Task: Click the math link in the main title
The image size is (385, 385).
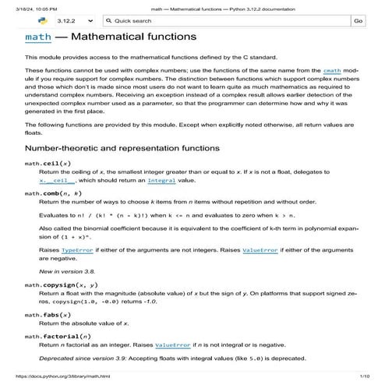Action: (x=37, y=37)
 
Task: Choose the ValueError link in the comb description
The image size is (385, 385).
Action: (x=260, y=251)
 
